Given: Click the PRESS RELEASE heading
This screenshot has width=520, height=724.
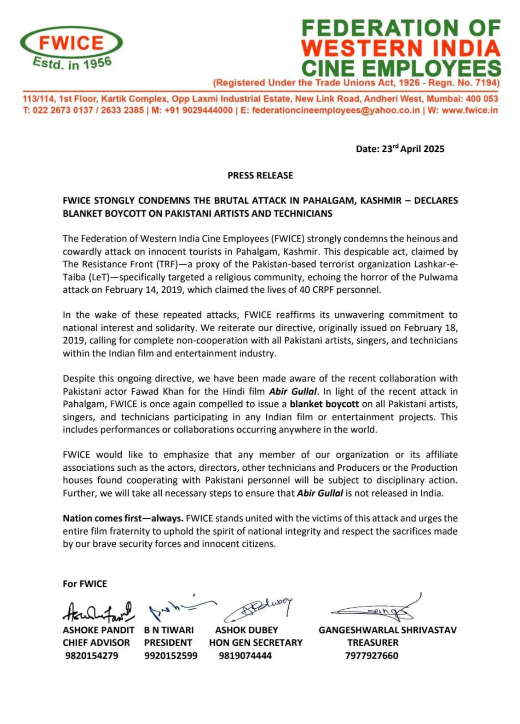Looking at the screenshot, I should (260, 175).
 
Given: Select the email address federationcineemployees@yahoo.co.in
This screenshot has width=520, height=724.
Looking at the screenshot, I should (336, 110).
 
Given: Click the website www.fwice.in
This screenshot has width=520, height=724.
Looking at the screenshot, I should (470, 110).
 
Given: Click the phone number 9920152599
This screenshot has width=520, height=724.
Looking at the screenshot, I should (171, 655).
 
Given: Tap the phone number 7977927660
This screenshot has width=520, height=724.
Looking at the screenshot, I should (372, 655).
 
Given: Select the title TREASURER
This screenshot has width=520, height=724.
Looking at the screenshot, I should (372, 643).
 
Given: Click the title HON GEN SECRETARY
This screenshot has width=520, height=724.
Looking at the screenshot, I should (256, 643).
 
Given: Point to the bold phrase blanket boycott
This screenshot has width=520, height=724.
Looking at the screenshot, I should (324, 404).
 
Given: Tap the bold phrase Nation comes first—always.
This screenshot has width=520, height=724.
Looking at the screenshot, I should (123, 518).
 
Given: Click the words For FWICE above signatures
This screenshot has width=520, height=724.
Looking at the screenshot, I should (85, 584).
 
